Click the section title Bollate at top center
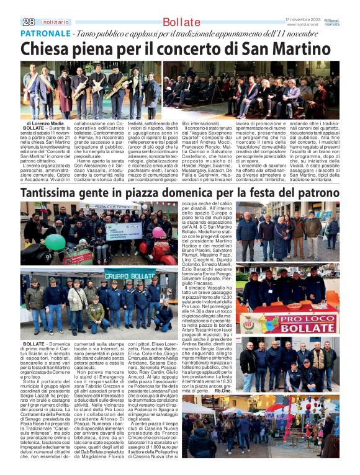(181, 22)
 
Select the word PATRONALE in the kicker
(45, 33)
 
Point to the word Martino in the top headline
(300, 50)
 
